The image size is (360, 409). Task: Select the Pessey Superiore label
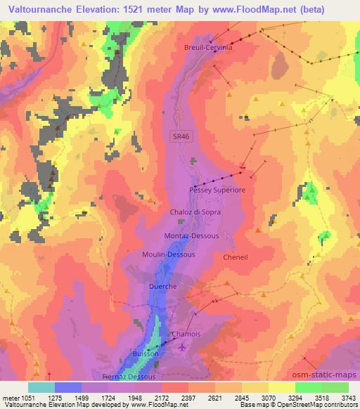[x=217, y=190]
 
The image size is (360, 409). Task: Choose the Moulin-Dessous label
[x=168, y=254]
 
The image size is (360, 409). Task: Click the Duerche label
[x=162, y=287]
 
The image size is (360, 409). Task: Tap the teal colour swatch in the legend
[x=41, y=387]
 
